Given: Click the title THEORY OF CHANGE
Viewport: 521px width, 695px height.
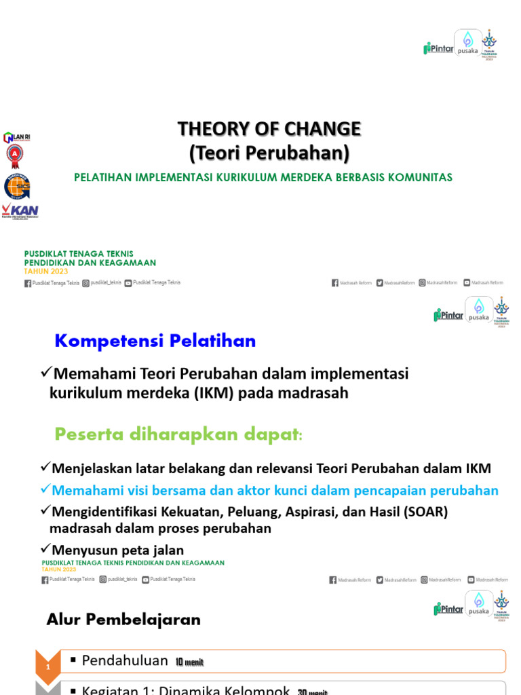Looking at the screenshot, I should pyautogui.click(x=269, y=128).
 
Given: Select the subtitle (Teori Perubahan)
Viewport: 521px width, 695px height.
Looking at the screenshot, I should pyautogui.click(x=269, y=153).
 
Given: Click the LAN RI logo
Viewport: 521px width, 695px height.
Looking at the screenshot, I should pyautogui.click(x=17, y=137).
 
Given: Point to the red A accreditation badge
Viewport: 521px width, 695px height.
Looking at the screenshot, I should pyautogui.click(x=12, y=155).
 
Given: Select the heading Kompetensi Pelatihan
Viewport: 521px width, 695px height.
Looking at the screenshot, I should pyautogui.click(x=155, y=341).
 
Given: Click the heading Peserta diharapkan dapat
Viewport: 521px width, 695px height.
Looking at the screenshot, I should pyautogui.click(x=178, y=434).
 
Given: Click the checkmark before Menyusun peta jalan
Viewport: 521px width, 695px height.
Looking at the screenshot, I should pyautogui.click(x=46, y=548).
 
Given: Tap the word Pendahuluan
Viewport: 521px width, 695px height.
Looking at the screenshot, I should pyautogui.click(x=125, y=660).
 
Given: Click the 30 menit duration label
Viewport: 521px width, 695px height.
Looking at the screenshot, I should pyautogui.click(x=312, y=691).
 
